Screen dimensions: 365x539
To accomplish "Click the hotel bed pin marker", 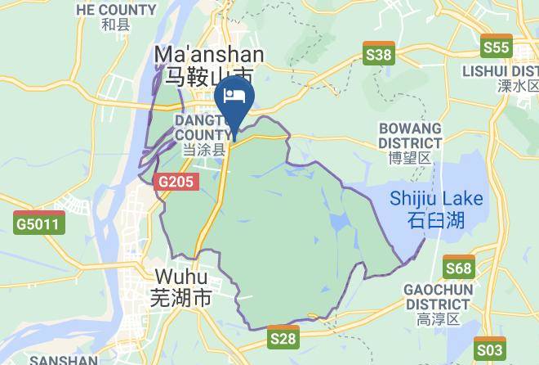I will [235, 97].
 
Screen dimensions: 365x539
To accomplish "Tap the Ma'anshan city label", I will [209, 55].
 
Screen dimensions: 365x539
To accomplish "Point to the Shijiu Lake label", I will [436, 199].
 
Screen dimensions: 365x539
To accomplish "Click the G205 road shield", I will [176, 182].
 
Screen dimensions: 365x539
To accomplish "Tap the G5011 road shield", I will [39, 222].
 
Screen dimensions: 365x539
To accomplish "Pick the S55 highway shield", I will [496, 47].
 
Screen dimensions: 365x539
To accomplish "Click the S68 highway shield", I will [459, 268].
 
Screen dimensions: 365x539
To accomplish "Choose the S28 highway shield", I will [283, 336].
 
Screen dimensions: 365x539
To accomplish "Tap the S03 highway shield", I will [490, 349].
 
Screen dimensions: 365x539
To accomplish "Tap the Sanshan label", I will [63, 359].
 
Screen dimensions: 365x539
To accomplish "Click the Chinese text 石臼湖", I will [435, 219].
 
